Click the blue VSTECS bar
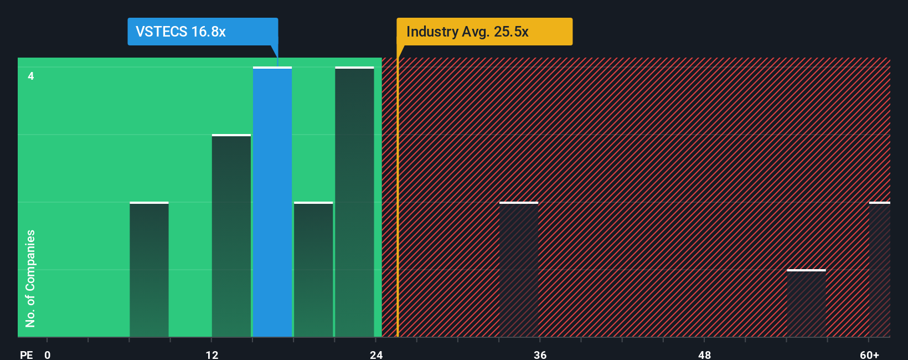[x=272, y=202]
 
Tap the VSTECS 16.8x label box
[x=203, y=32]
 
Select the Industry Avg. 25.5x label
[x=484, y=32]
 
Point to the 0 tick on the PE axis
[x=48, y=354]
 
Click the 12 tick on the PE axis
[x=212, y=354]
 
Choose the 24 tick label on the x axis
[x=376, y=354]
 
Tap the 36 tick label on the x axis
[x=540, y=354]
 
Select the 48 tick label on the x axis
[x=705, y=354]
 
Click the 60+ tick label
[x=869, y=354]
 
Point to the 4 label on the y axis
[x=31, y=76]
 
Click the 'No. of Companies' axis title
[x=30, y=278]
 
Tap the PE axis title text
[x=26, y=354]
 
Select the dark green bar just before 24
[x=354, y=202]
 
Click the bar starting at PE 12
[x=231, y=235]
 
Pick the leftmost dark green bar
[x=149, y=270]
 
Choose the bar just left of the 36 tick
[x=519, y=270]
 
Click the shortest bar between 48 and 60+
[x=806, y=304]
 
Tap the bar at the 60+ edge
[x=879, y=270]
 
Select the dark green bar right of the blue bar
[x=313, y=270]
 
